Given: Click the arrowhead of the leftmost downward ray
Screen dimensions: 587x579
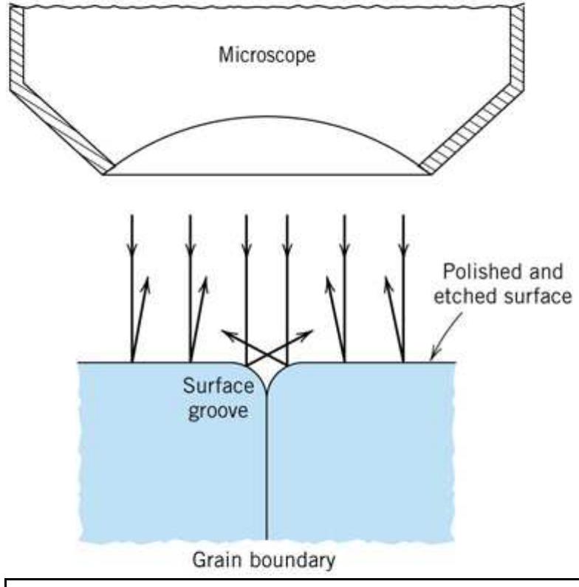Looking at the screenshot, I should pyautogui.click(x=131, y=253).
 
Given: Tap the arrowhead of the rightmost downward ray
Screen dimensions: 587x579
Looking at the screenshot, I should pyautogui.click(x=403, y=253).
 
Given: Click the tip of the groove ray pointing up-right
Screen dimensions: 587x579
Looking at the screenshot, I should pyautogui.click(x=311, y=333).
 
